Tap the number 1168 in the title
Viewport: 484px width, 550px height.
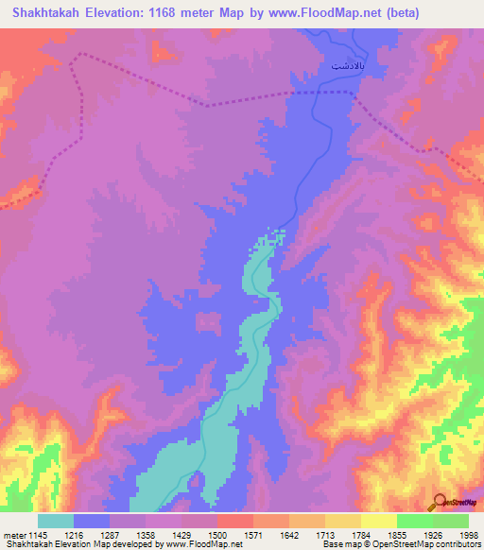click(176, 12)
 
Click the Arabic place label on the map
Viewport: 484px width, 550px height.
click(346, 68)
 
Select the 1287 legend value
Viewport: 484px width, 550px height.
click(124, 534)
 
